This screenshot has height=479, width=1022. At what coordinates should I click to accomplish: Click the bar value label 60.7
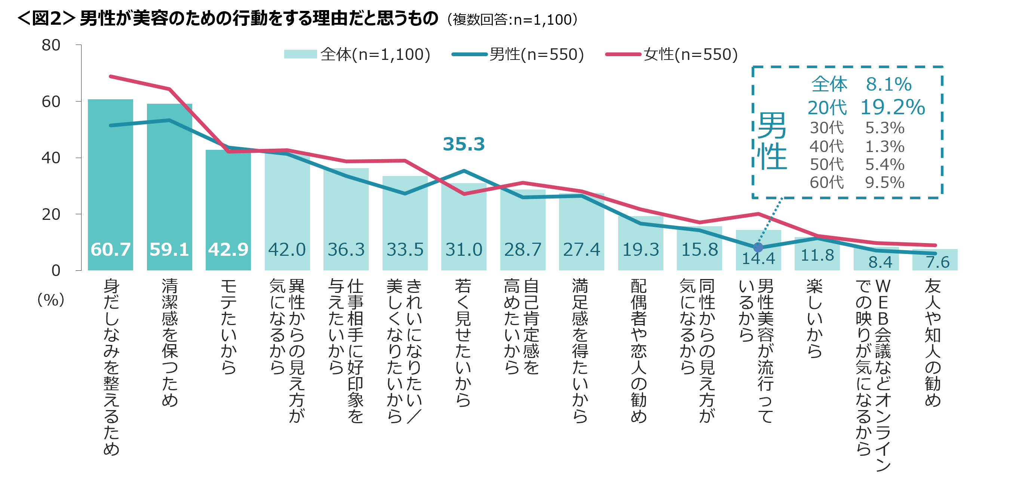(x=110, y=249)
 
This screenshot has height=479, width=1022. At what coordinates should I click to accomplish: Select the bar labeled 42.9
(x=228, y=210)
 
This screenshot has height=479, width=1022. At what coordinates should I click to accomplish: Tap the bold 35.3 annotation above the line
(x=463, y=144)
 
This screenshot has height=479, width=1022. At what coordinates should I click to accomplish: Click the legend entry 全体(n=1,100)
(x=357, y=54)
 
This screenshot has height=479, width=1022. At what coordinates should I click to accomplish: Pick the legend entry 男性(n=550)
(x=518, y=54)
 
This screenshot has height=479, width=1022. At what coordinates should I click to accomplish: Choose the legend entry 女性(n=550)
(x=672, y=54)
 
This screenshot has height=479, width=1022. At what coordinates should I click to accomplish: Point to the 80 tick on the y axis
(x=51, y=45)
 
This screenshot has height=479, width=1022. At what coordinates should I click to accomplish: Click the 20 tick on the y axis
(x=51, y=215)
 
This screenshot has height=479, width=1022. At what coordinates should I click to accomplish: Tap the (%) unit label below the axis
(x=51, y=300)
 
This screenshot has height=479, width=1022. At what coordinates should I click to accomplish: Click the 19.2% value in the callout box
(x=892, y=107)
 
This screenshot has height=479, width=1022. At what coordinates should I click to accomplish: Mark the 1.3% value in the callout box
(x=884, y=146)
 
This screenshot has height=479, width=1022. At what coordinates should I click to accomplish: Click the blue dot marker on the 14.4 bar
(x=758, y=248)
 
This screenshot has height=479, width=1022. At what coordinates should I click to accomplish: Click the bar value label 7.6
(x=937, y=262)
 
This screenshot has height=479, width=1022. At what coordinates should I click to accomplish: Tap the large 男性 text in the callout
(x=772, y=141)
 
